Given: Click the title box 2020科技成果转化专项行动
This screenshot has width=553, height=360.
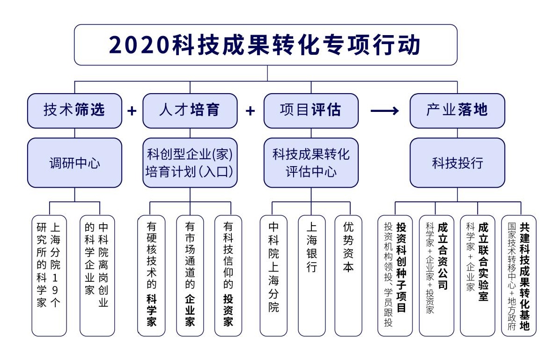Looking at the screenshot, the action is tap(265, 45).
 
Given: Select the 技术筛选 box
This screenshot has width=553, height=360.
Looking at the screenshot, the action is tap(74, 110).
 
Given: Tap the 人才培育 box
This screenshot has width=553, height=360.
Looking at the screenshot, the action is tap(190, 110).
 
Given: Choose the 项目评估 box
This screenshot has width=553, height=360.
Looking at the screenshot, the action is tap(311, 110).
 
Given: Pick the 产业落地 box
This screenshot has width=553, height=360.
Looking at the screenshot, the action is tap(457, 110).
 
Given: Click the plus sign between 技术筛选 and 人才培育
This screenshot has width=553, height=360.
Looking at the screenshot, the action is tap(132, 110).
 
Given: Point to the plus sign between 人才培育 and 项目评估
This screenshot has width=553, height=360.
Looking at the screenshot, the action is tap(251, 110).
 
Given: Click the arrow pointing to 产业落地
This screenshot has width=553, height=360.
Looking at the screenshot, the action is tap(384, 110).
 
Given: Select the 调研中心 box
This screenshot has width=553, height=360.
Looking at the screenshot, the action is tap(74, 162).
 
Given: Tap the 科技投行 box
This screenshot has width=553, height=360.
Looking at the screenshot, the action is tap(457, 162).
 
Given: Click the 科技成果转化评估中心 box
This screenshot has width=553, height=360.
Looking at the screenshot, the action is tap(311, 162).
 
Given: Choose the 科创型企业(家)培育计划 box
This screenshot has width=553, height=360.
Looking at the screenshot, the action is tap(190, 162).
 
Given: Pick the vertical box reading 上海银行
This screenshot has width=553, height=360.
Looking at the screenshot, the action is tap(311, 276).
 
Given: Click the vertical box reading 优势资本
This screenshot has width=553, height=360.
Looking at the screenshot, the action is tap(348, 276).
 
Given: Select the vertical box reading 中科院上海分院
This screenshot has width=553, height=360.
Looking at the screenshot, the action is tap(273, 276).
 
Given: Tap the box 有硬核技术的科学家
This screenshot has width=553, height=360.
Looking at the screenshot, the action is tap(151, 276).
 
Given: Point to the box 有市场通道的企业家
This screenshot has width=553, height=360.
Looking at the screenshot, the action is tap(190, 276).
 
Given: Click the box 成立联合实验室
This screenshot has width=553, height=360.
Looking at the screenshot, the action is tap(478, 276).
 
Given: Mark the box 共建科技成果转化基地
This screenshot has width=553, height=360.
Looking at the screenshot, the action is tap(519, 276).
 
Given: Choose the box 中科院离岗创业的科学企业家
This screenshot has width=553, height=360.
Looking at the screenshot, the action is tap(97, 276).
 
